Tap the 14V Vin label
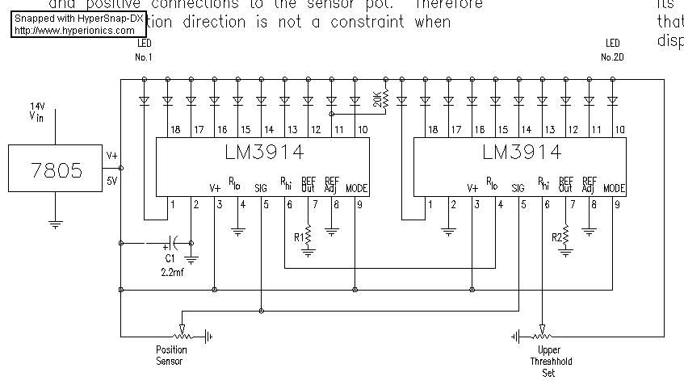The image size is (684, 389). pos(37,111)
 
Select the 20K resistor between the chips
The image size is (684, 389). pos(384,100)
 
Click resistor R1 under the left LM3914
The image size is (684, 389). pos(308,238)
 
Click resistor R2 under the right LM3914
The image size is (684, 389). pos(565,238)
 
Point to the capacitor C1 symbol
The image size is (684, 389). pos(171,242)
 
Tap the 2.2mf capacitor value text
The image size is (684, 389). pos(173,272)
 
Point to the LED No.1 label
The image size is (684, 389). pos(144,50)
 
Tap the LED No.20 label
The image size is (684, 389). pos(612,50)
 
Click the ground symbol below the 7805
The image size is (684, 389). pos(56,224)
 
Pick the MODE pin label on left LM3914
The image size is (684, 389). pos(356,188)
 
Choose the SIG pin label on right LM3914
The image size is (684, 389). pos(518,188)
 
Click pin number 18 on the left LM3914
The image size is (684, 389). pos(174,130)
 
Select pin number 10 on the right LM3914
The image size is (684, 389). pos(619,130)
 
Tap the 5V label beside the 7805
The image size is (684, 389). pos(112,182)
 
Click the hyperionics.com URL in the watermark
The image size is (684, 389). pos(74,31)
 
